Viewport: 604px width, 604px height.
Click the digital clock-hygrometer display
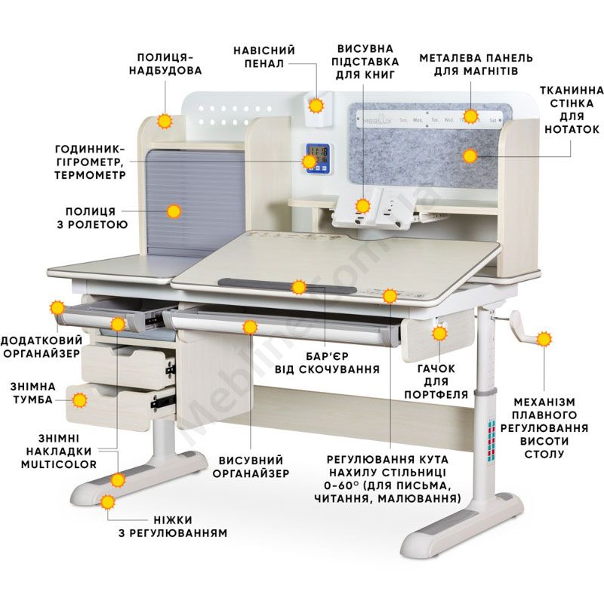click(318, 159)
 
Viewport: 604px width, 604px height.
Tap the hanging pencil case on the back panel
click(318, 108)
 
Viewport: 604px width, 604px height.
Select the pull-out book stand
click(371, 209)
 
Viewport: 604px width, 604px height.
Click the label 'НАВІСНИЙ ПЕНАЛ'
click(264, 57)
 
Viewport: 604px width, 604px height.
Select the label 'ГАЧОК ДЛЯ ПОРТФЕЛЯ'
click(436, 381)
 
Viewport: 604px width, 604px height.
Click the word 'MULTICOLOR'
click(59, 464)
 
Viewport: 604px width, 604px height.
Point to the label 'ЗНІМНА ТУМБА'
click(33, 393)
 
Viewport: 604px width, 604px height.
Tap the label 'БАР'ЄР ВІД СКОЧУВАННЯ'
click(327, 363)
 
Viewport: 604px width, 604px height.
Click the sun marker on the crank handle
click(544, 339)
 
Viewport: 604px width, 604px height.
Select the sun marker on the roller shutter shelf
click(174, 211)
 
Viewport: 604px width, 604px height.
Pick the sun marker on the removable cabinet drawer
click(80, 400)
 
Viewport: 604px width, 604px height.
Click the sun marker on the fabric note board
click(470, 156)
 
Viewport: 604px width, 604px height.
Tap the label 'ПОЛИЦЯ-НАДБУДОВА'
click(165, 64)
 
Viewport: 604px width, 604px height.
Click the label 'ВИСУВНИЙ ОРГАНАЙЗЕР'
click(251, 467)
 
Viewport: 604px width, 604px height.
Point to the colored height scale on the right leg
click(492, 441)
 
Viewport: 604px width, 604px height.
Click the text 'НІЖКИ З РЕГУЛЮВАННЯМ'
click(173, 526)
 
